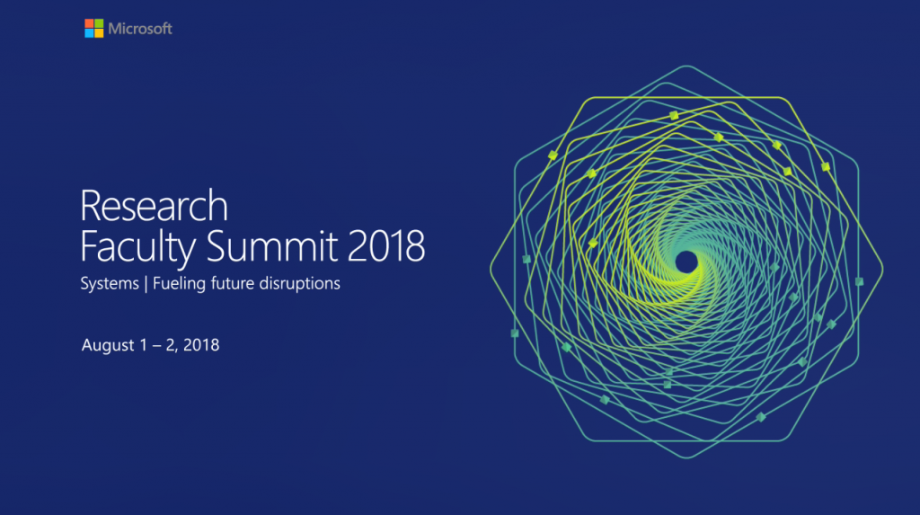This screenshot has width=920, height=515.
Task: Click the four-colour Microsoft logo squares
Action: click(x=94, y=29)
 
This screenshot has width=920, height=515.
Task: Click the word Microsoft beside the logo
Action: click(x=140, y=29)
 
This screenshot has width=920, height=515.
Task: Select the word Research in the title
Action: click(x=154, y=206)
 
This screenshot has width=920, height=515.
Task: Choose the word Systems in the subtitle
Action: click(x=109, y=285)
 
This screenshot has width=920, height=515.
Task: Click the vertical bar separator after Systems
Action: click(x=146, y=285)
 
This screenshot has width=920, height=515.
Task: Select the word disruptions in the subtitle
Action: click(x=299, y=285)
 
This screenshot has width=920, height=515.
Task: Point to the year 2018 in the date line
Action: click(x=200, y=345)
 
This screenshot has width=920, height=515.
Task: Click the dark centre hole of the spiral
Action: click(x=686, y=262)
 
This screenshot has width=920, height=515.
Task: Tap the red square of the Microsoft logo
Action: click(x=90, y=23)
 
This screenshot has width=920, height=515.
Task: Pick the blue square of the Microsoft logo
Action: click(x=90, y=33)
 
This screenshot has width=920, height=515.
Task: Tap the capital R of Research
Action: click(x=91, y=206)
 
